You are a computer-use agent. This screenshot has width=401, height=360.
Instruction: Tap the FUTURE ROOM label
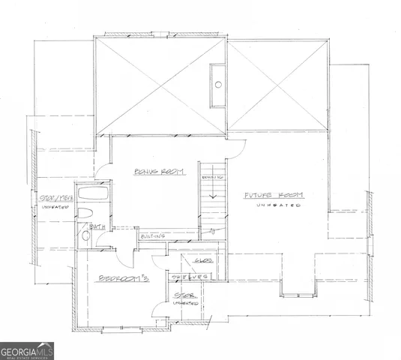point(274,195)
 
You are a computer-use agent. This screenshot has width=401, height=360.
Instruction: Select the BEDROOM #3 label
point(123,277)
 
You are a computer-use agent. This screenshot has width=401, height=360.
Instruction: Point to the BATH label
point(97,226)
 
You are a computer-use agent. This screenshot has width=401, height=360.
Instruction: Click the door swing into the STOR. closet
point(160,309)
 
